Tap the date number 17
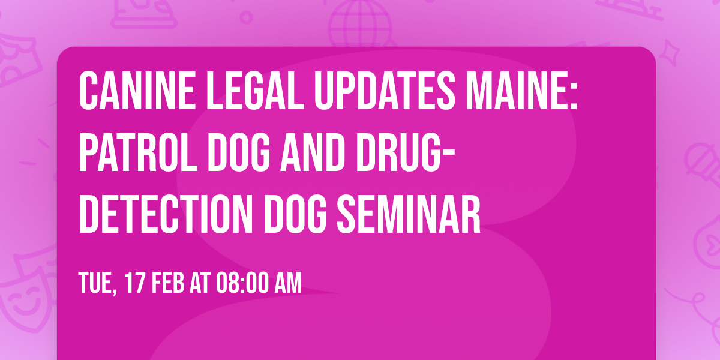(134, 283)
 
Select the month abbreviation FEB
(167, 283)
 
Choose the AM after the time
(287, 283)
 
